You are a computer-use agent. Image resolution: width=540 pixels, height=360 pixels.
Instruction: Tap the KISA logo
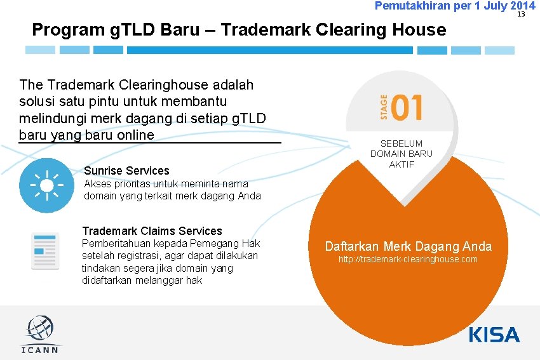494,335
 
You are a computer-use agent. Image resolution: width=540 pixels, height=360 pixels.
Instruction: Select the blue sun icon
46,185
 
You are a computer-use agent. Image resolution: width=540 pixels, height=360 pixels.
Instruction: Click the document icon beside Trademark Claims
45,251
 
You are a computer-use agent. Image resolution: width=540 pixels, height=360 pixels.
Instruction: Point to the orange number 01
407,107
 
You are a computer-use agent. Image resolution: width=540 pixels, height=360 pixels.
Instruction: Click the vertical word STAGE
383,107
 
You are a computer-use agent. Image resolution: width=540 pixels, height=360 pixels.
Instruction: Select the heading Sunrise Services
126,170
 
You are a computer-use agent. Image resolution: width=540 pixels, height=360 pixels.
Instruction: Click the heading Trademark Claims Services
152,230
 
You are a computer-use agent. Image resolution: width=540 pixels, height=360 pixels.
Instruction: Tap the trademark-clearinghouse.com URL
408,260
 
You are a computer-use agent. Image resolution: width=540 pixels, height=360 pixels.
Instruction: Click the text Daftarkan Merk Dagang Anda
408,246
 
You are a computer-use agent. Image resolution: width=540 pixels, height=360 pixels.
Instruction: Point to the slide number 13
520,14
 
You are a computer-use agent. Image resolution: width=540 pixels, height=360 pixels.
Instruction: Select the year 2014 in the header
522,6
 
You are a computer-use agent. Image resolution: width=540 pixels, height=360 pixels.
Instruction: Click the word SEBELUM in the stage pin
401,143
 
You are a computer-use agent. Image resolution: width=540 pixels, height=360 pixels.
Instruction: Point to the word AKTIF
401,164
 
